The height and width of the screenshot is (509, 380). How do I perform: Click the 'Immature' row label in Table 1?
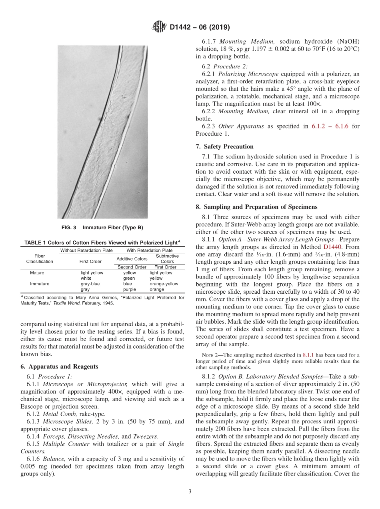pos(40,284)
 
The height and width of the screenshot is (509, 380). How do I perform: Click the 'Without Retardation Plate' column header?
pos(86,250)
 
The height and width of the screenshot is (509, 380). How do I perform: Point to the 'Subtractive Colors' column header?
pos(167,259)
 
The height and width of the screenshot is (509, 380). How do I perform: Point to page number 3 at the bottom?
pos(190,492)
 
